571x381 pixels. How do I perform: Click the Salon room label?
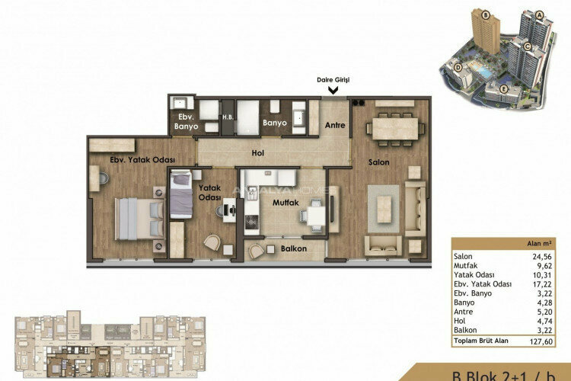click(380, 162)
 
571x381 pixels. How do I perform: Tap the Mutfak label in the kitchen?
click(282, 203)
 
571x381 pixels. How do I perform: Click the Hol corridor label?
click(257, 153)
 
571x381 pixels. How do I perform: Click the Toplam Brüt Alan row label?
click(482, 342)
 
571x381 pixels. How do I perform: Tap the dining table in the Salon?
click(394, 126)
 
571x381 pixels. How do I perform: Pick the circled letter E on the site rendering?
click(504, 88)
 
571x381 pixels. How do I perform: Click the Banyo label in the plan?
click(274, 122)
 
